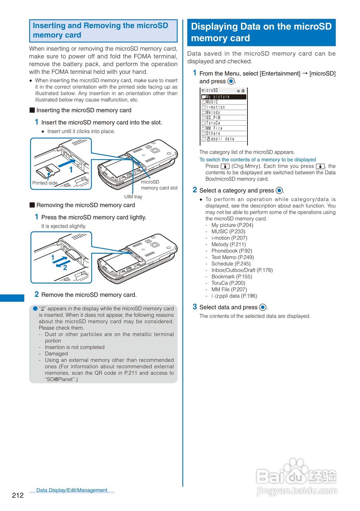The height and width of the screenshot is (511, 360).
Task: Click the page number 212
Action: tap(18, 495)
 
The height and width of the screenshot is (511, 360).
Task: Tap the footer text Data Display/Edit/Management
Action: tap(72, 490)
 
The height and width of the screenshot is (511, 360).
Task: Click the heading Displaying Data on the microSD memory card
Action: tap(261, 32)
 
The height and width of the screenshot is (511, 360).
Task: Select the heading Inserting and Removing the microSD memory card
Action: tap(101, 30)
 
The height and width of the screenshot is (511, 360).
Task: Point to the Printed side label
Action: tap(45, 183)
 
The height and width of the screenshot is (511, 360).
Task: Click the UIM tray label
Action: tap(133, 196)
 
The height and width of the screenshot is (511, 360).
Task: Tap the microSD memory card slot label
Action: tap(159, 185)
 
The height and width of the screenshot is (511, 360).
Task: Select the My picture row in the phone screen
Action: tap(224, 97)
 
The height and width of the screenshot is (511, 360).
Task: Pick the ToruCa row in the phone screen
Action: tap(224, 123)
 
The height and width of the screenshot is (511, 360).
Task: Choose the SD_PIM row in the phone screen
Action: tap(224, 118)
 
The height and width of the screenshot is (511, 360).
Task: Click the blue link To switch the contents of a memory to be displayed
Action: tap(257, 160)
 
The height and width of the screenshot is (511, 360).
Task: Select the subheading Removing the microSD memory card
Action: tap(85, 205)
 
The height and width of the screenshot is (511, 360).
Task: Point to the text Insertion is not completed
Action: tap(75, 347)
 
